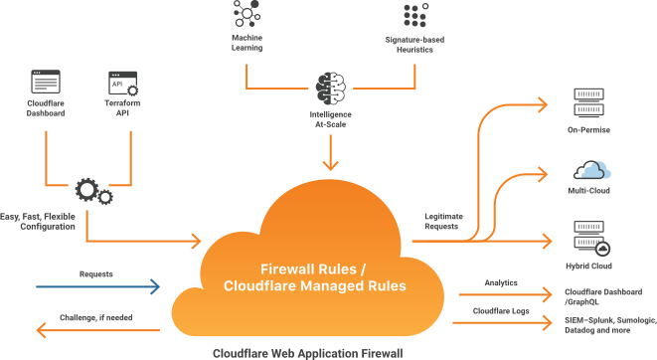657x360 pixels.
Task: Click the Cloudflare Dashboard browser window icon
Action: (x=46, y=82)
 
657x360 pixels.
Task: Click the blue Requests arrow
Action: (x=95, y=287)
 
